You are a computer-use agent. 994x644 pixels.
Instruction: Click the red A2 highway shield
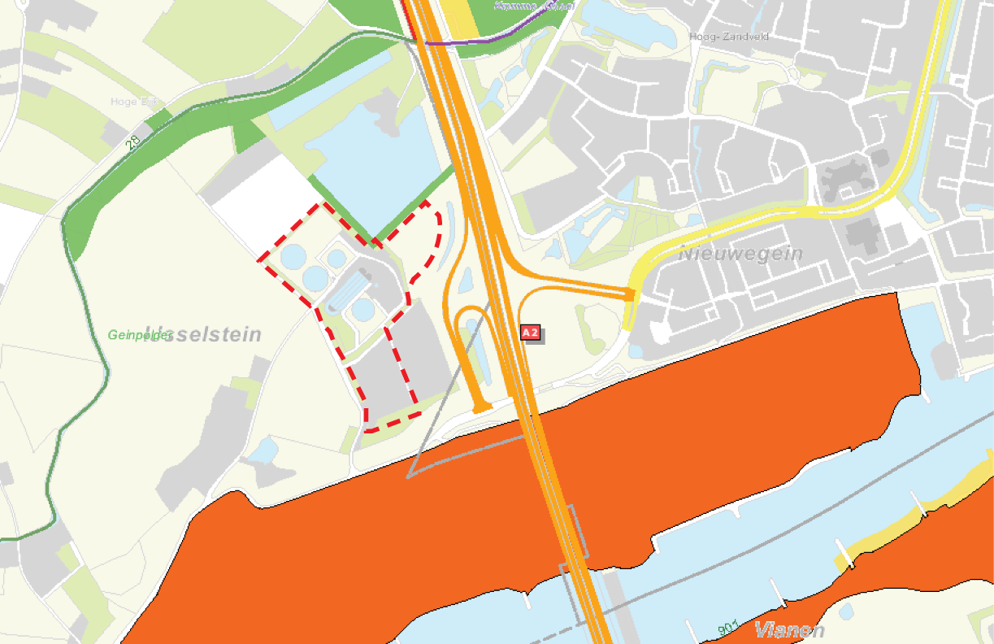531,333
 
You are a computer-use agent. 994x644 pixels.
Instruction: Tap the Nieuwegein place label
740,254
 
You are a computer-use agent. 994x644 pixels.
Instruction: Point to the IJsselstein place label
203,334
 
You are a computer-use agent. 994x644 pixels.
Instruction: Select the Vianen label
789,630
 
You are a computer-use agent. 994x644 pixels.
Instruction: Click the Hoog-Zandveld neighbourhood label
728,37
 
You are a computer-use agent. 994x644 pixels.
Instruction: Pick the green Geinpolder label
140,334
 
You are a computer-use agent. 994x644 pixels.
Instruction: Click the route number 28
133,141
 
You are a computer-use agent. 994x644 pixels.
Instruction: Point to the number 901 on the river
728,627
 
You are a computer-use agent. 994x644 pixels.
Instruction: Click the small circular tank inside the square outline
336,259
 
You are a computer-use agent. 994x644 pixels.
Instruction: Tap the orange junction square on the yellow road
629,294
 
